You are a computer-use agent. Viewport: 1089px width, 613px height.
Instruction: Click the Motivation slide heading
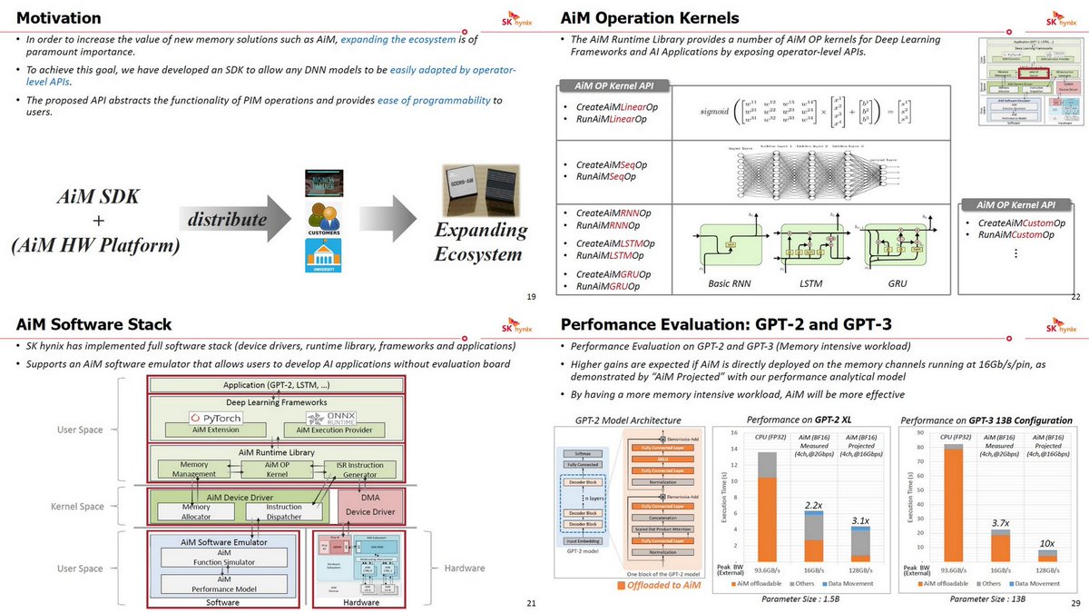click(x=59, y=17)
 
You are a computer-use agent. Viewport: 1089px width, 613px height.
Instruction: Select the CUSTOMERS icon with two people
click(x=323, y=221)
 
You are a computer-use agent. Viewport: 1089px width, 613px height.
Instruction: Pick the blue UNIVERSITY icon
click(x=323, y=257)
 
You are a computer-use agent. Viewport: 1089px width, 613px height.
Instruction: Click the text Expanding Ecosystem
click(x=479, y=242)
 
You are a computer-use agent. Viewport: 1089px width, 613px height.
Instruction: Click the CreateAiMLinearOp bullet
click(x=617, y=107)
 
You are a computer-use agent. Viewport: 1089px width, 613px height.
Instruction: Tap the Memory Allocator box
click(x=196, y=512)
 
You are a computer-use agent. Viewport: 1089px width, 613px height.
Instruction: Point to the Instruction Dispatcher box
click(x=284, y=512)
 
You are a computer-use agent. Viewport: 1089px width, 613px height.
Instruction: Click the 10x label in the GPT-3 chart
click(x=1046, y=543)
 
